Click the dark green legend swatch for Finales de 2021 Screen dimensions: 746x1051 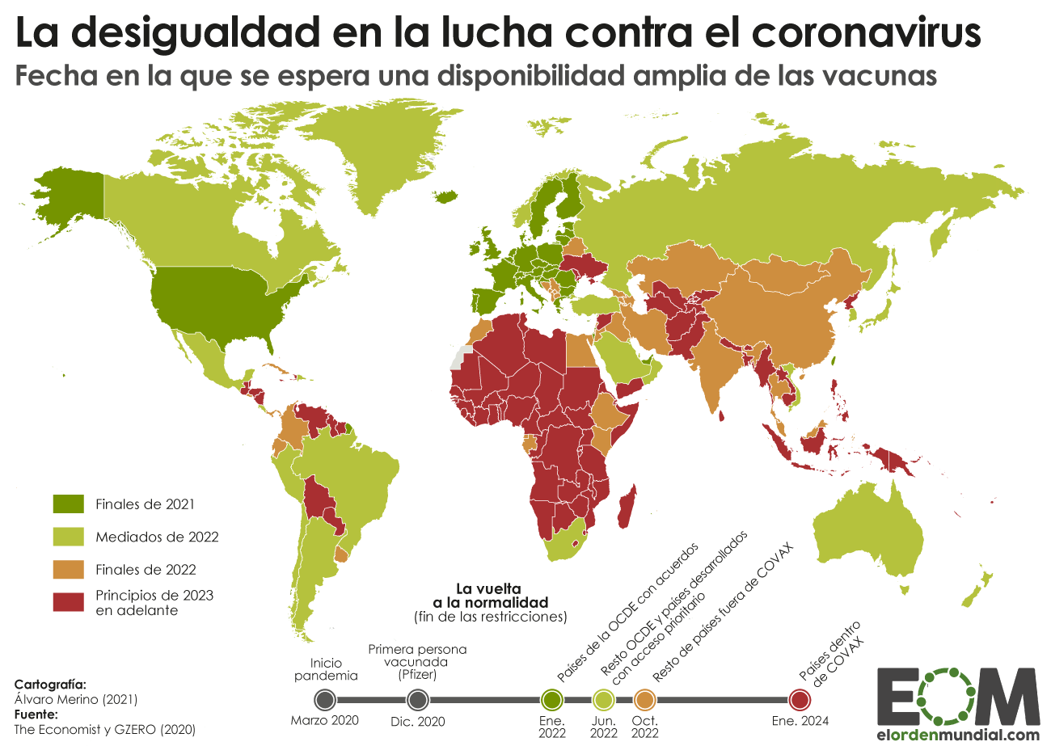[x=69, y=504]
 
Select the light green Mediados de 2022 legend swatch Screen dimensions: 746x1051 [x=69, y=537]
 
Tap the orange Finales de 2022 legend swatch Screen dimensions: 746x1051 [x=69, y=569]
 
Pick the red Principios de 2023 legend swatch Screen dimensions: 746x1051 [x=69, y=602]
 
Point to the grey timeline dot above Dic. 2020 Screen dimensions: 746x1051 [x=417, y=699]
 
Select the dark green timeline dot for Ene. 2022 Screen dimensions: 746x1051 [x=552, y=699]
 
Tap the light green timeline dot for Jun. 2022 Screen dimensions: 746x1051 [x=603, y=699]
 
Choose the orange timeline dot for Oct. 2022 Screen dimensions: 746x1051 [x=646, y=699]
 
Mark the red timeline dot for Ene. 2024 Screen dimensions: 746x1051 [x=800, y=699]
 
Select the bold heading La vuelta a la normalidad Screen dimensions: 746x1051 [x=489, y=595]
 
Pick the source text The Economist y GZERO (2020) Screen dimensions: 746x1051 [x=105, y=729]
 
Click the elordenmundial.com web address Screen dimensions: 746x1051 [x=958, y=735]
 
